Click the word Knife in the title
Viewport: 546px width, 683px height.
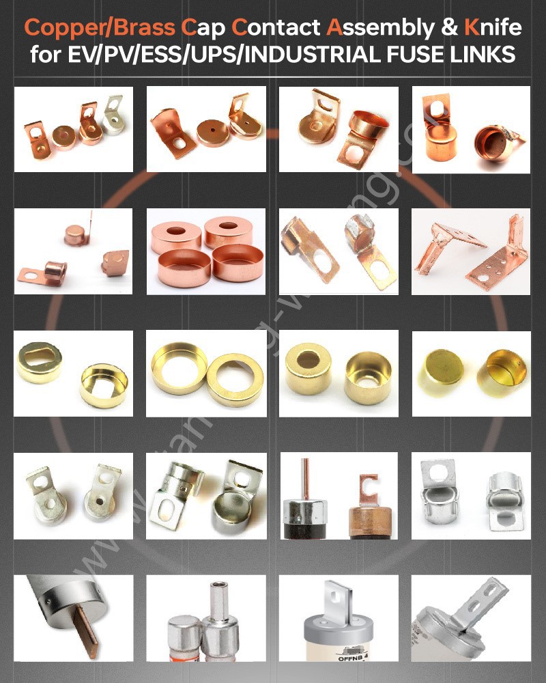(x=493, y=28)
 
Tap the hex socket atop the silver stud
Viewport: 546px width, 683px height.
(x=218, y=587)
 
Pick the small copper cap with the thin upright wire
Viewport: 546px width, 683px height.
(x=75, y=234)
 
